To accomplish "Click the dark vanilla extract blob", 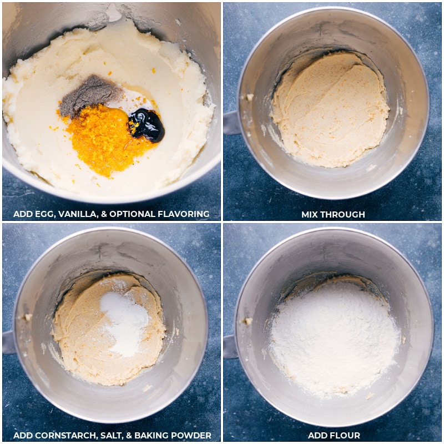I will coord(147,125).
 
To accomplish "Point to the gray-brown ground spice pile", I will coord(89,94).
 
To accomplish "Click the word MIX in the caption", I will coord(311,214).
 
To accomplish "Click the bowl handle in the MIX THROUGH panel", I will coord(231,123).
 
